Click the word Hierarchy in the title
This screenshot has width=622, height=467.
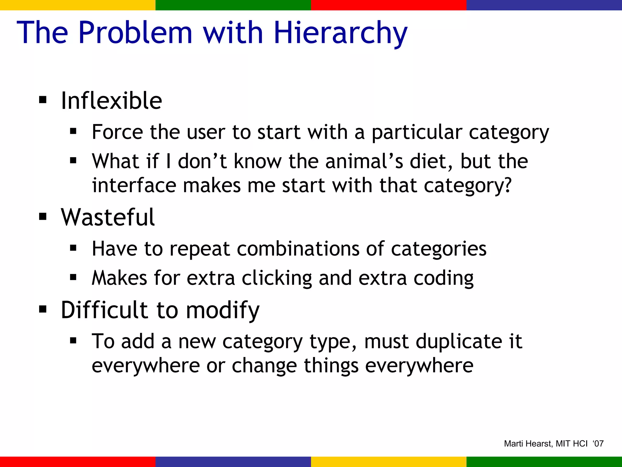coord(340,33)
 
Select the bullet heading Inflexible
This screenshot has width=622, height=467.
coord(111,101)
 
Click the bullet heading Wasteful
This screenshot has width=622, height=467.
coord(108,217)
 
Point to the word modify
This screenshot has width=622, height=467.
coord(223,310)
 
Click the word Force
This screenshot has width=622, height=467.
coord(117,132)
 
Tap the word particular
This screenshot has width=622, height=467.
coord(417,133)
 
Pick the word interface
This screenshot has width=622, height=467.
coord(134,185)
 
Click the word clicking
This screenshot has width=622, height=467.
coord(277,278)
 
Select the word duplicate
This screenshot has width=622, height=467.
coord(459,341)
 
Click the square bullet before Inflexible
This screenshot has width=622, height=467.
coord(43,100)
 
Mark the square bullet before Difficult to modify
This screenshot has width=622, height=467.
coord(43,309)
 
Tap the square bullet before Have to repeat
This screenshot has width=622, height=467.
coord(73,248)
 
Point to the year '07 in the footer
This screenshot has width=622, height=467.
coord(598,444)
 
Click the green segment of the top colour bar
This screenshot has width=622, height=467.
coord(233,5)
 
